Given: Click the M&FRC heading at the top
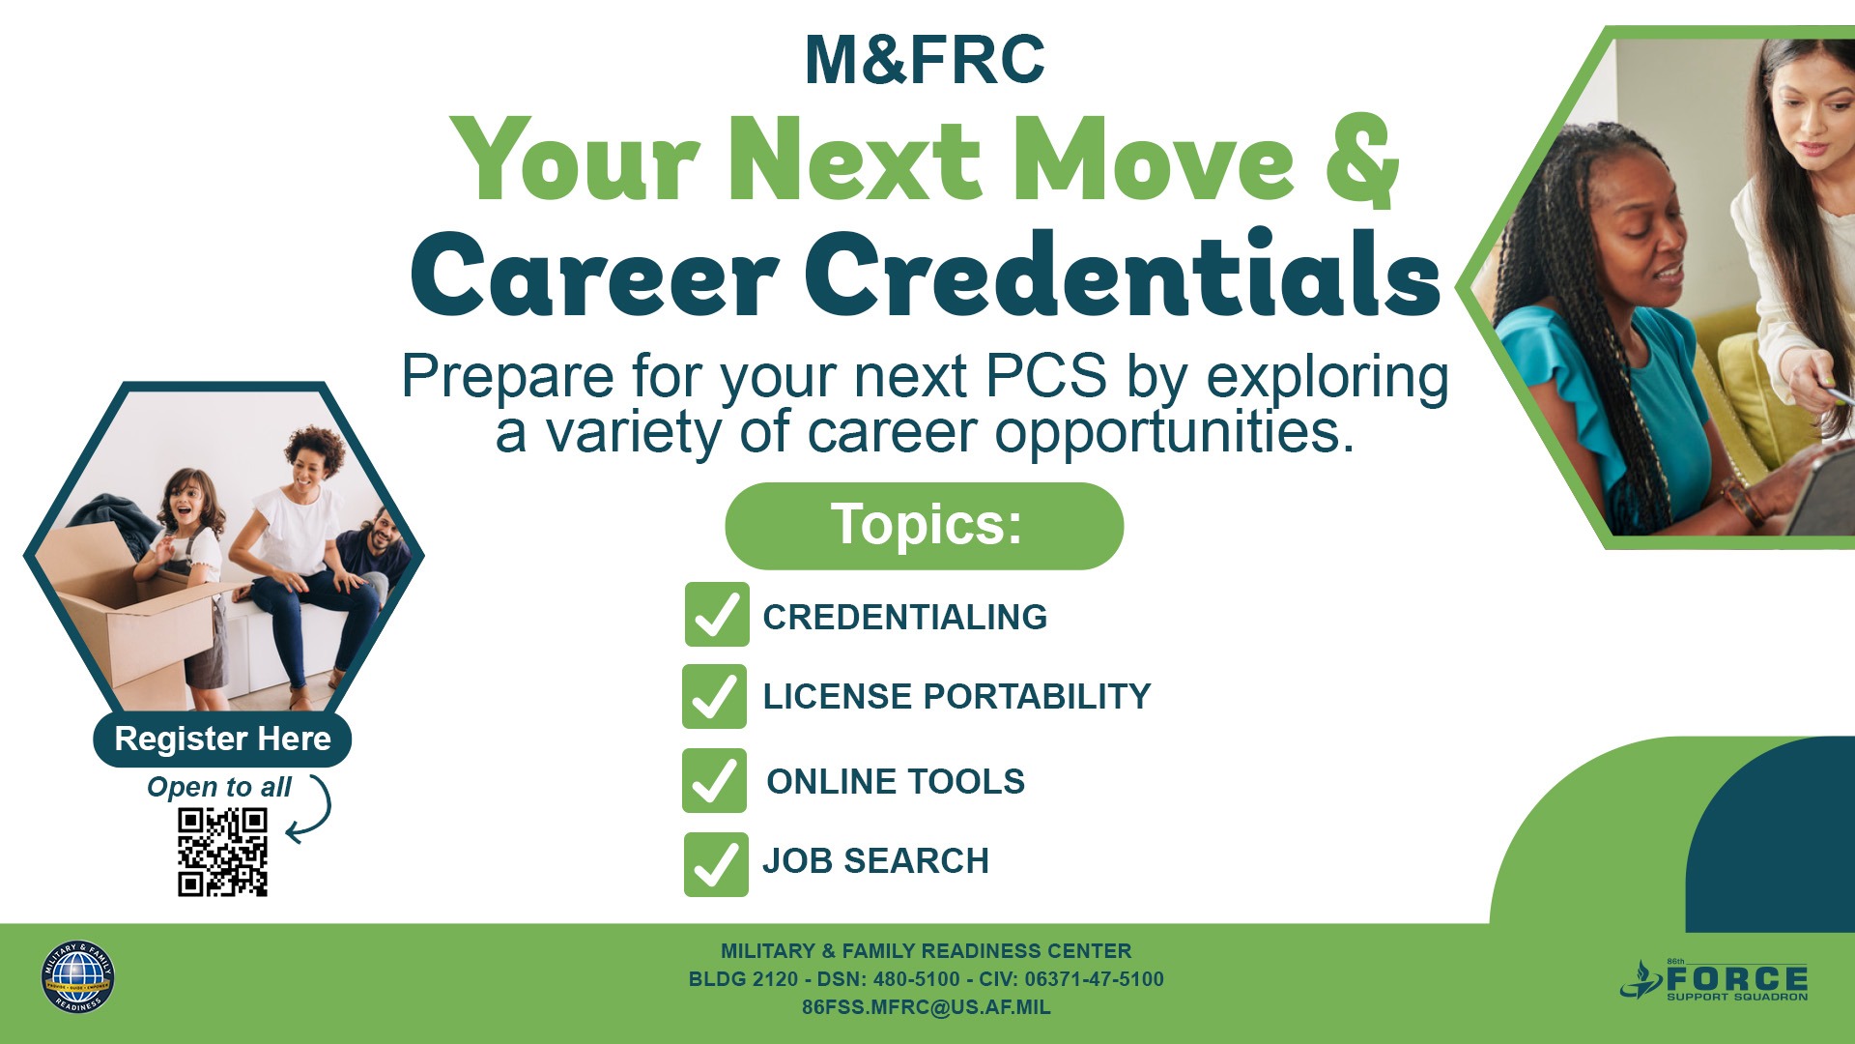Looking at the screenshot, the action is pos(925,60).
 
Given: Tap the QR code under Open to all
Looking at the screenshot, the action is pos(222,852).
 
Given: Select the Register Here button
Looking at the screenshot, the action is pos(222,739).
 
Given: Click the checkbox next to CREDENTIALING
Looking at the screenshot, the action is pos(717,615).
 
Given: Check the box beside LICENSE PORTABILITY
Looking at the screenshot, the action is pos(715,696).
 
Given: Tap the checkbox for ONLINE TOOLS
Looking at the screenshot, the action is pos(715,780).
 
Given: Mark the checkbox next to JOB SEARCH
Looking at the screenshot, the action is pos(716,864).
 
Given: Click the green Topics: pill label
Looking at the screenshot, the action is pos(925,526).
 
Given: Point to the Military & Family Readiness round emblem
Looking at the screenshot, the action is pos(77,977).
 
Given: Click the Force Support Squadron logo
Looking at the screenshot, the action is pos(1714,980).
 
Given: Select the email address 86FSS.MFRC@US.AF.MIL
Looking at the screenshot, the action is pos(926,1007).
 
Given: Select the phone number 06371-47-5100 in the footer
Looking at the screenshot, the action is pos(1095,979).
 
